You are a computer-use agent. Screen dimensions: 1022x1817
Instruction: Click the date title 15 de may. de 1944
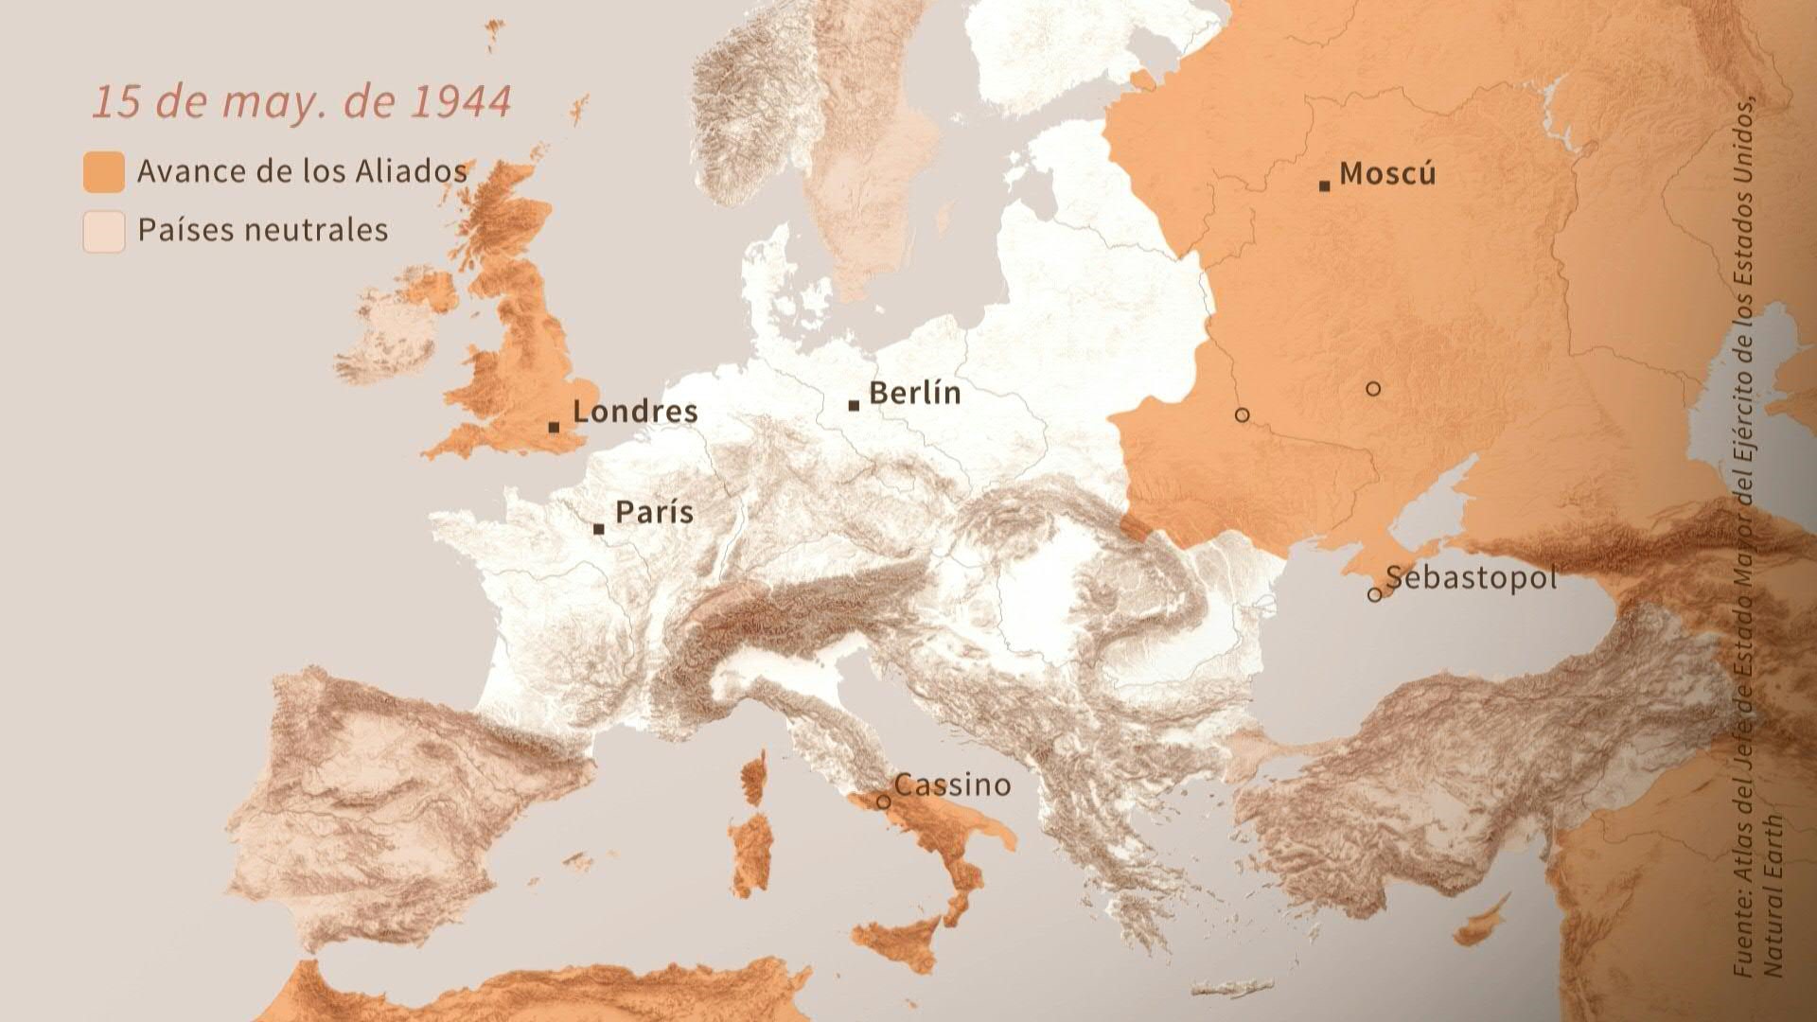pyautogui.click(x=301, y=102)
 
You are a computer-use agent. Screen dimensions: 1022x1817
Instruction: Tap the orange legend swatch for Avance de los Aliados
pyautogui.click(x=103, y=172)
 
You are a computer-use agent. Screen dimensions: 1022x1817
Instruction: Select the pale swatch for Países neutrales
pyautogui.click(x=103, y=231)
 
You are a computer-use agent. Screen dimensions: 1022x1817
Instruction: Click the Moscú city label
pyautogui.click(x=1387, y=174)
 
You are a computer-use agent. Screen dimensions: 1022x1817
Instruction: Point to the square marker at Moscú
pyautogui.click(x=1324, y=186)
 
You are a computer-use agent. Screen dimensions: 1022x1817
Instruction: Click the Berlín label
pyautogui.click(x=914, y=393)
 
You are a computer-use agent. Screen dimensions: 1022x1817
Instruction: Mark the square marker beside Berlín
pyautogui.click(x=854, y=406)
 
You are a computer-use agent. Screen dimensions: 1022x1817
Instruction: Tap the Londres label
pyautogui.click(x=635, y=412)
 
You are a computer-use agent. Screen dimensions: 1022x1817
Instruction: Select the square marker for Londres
pyautogui.click(x=554, y=428)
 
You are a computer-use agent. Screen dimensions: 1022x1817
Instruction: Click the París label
pyautogui.click(x=654, y=513)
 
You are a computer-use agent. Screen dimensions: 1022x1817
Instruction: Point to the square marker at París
pyautogui.click(x=598, y=529)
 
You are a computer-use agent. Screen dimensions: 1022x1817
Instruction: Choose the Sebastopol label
pyautogui.click(x=1471, y=577)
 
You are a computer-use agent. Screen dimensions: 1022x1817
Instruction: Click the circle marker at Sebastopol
pyautogui.click(x=1374, y=595)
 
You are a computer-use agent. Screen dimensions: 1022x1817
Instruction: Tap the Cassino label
pyautogui.click(x=952, y=784)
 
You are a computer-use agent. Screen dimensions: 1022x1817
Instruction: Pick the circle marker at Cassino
pyautogui.click(x=883, y=802)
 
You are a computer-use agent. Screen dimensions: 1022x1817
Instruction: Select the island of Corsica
pyautogui.click(x=754, y=776)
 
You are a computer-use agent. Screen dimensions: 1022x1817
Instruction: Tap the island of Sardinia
pyautogui.click(x=751, y=852)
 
